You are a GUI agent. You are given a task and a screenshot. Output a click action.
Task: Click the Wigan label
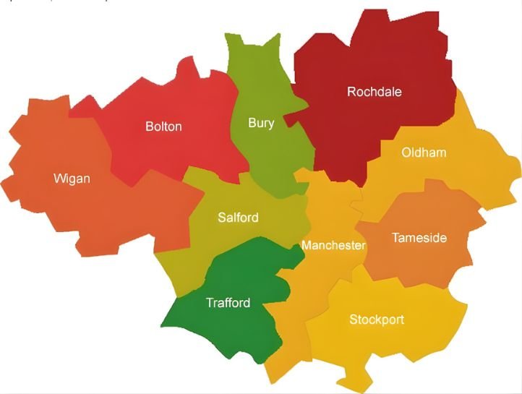click(72, 178)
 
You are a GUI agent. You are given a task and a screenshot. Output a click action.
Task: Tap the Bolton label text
click(163, 127)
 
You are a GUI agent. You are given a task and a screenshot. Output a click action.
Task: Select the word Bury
click(261, 123)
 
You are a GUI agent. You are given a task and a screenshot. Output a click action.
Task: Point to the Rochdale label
click(374, 92)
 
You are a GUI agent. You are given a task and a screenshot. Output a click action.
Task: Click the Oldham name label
click(424, 153)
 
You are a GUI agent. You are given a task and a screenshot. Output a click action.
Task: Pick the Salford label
click(238, 218)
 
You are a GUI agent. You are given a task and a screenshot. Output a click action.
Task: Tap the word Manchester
click(333, 246)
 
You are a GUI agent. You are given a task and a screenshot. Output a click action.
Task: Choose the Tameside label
click(419, 238)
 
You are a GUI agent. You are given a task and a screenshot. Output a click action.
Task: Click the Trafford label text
click(228, 303)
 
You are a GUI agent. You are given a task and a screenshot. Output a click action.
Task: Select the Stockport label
click(377, 320)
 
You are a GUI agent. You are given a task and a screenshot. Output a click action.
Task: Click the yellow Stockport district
click(405, 347)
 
